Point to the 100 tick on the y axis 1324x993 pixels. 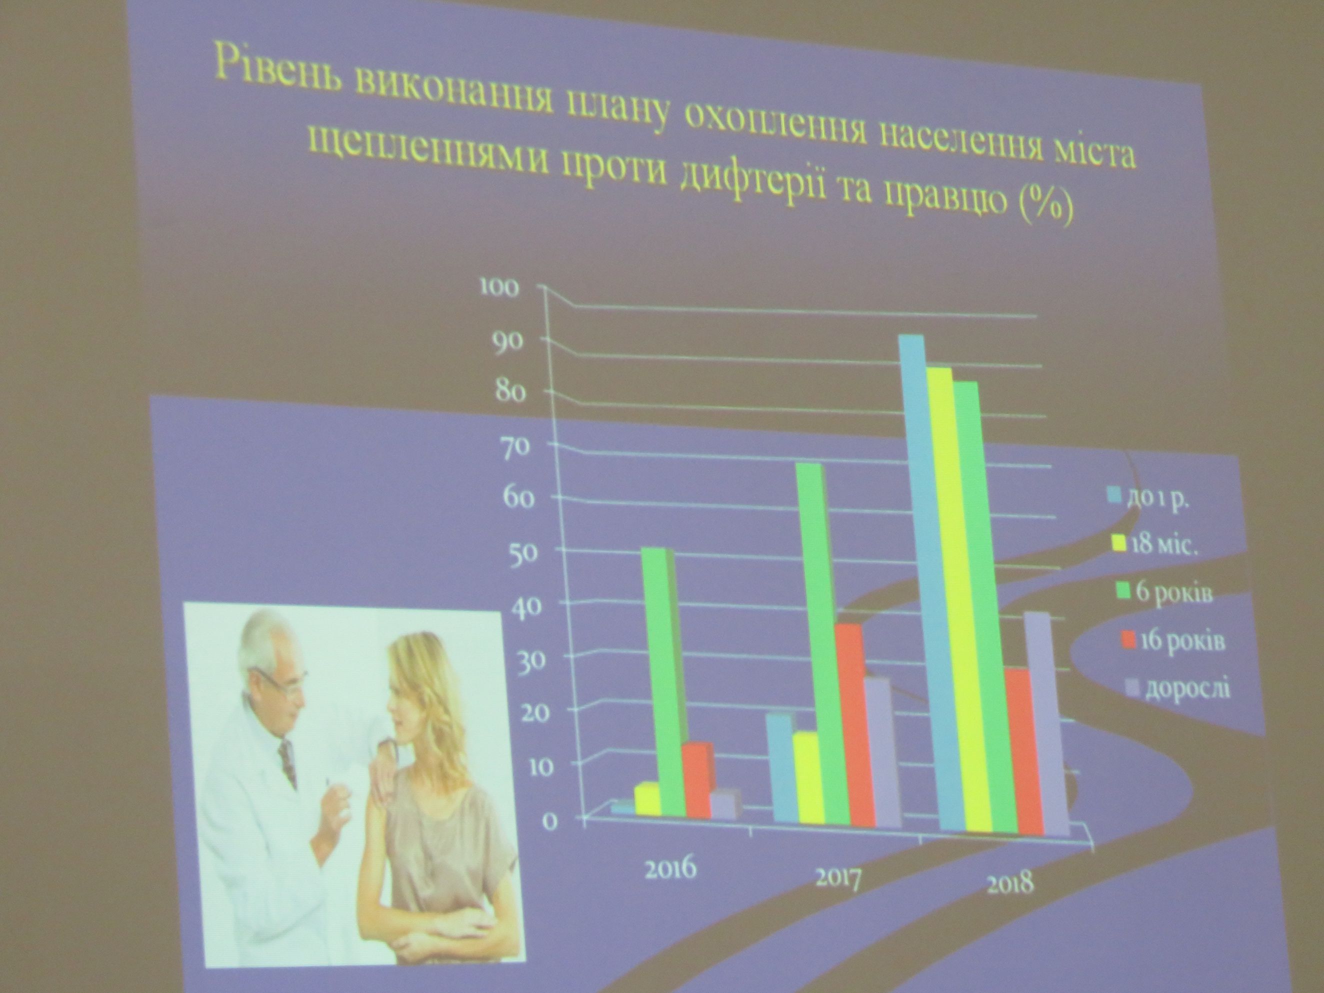click(x=497, y=288)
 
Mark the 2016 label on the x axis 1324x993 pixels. click(x=670, y=868)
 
